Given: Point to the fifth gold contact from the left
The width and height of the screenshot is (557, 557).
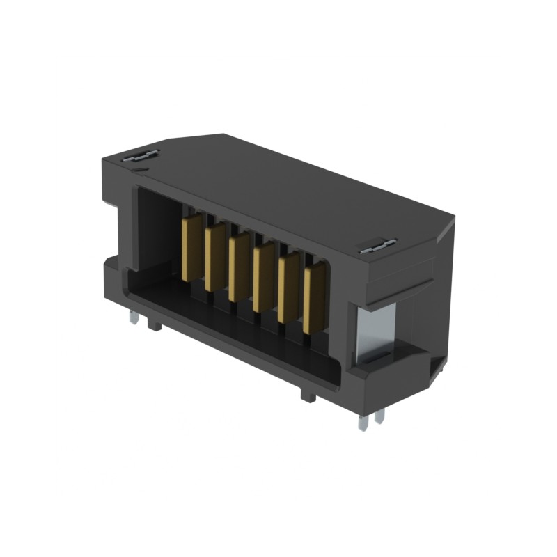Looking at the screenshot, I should [x=288, y=288].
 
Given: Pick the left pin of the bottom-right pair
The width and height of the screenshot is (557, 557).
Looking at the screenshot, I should [x=362, y=421].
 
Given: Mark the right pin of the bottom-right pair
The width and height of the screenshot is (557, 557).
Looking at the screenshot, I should [x=379, y=416].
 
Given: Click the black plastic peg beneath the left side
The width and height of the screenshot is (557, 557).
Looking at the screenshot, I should [x=155, y=325].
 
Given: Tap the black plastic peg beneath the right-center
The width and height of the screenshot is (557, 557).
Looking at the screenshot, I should [x=307, y=395].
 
